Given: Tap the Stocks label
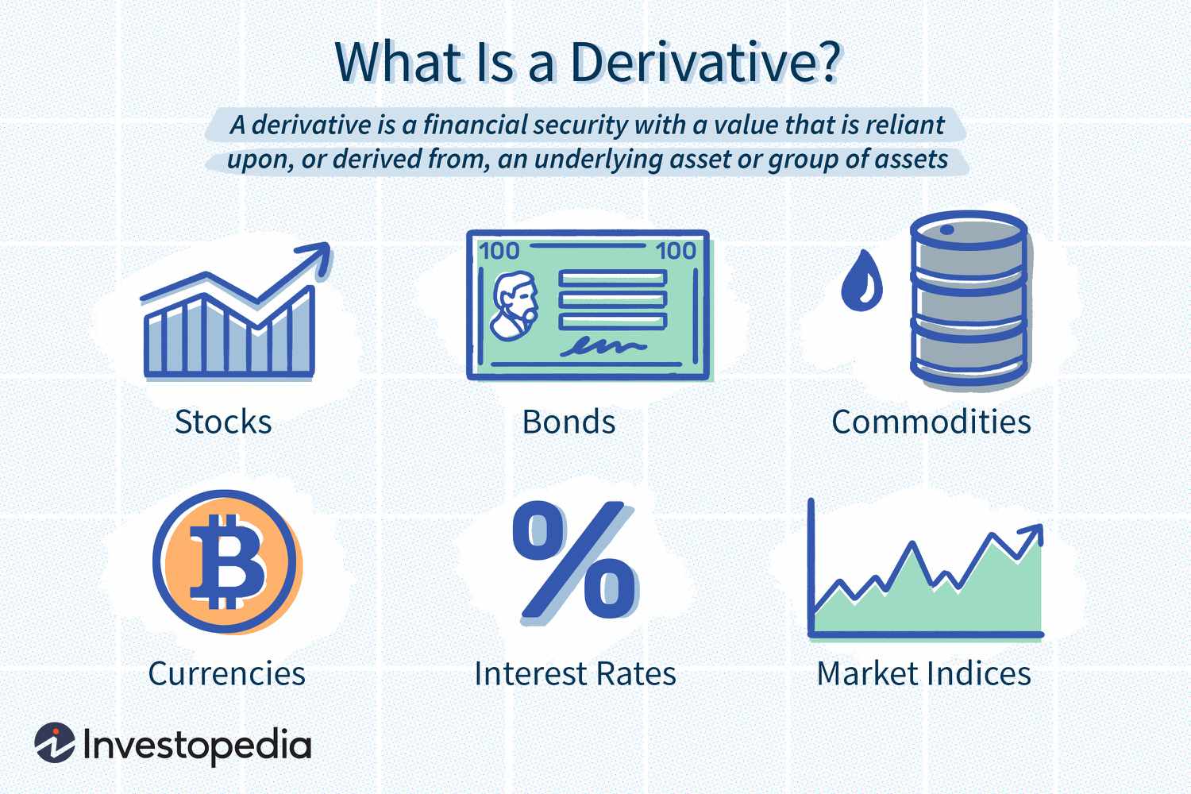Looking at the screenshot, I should pyautogui.click(x=223, y=422).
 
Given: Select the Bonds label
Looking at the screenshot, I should pyautogui.click(x=569, y=422).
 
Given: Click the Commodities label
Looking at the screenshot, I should pyautogui.click(x=931, y=422).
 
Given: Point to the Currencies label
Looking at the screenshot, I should pyautogui.click(x=226, y=673).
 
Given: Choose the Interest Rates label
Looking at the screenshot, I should pyautogui.click(x=575, y=673).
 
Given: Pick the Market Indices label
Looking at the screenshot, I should pyautogui.click(x=923, y=673).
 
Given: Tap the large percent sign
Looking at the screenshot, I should pyautogui.click(x=573, y=561).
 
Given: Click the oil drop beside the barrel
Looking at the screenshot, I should pyautogui.click(x=861, y=283).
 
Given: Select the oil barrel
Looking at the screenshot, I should pyautogui.click(x=969, y=300).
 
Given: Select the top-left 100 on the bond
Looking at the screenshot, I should pyautogui.click(x=499, y=251).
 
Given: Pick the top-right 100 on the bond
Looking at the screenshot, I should pyautogui.click(x=676, y=251).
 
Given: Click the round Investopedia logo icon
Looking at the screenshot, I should pyautogui.click(x=54, y=744).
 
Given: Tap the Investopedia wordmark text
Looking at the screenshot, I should pyautogui.click(x=196, y=746).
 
